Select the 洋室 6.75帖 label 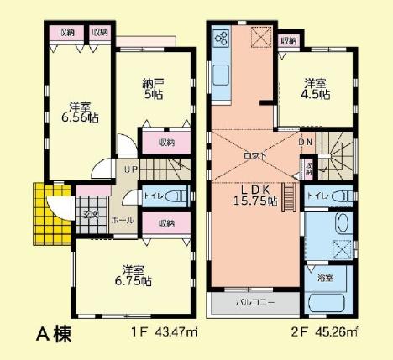[135, 276]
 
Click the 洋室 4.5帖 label [316, 89]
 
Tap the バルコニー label [252, 300]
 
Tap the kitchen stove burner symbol [223, 39]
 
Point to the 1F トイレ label [153, 196]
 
